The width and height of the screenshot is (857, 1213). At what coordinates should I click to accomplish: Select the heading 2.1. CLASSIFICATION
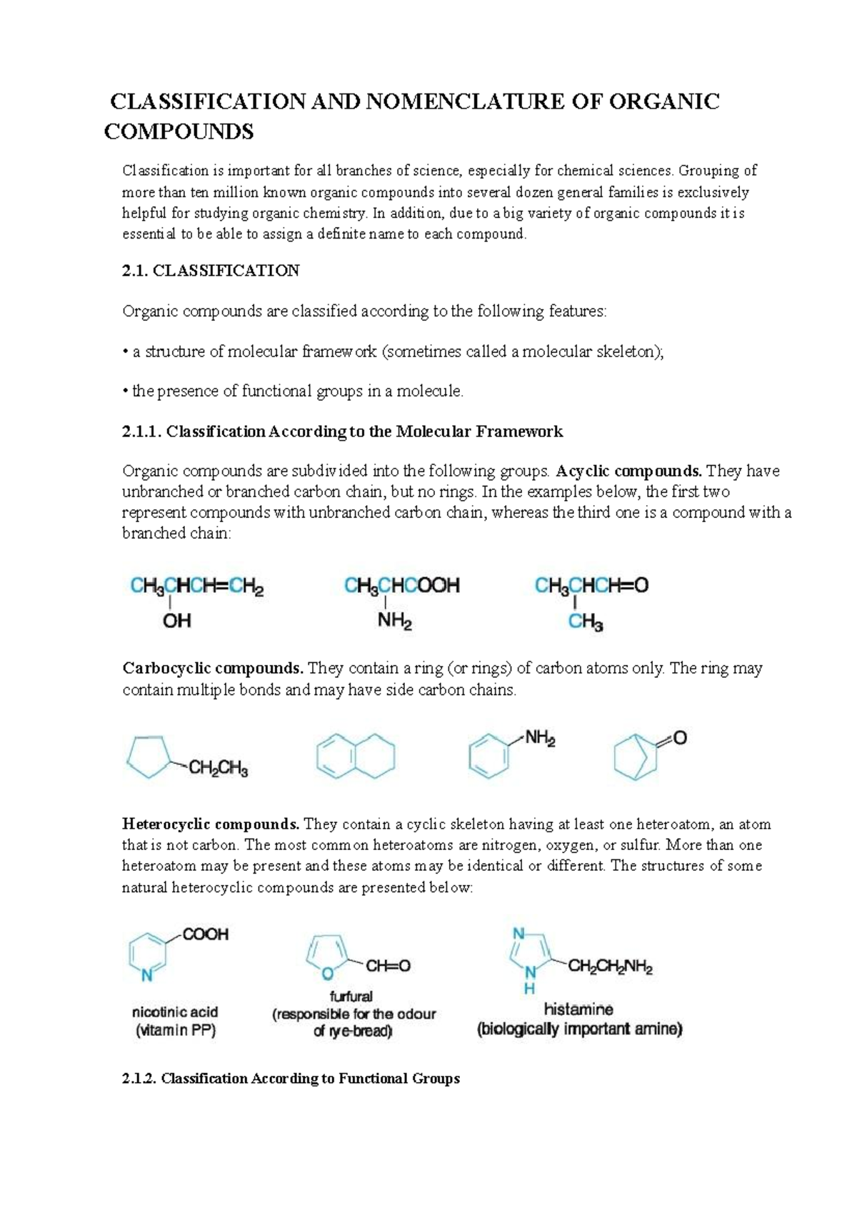[211, 271]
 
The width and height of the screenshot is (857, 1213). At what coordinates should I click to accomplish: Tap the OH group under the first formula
[177, 622]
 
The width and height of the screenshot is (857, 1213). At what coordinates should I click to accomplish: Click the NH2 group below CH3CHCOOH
[394, 622]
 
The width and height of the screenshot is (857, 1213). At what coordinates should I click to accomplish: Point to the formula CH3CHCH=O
[591, 586]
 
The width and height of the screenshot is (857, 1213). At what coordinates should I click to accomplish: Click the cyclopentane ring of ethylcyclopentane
[149, 758]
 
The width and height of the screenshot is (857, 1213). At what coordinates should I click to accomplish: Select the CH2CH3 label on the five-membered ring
[218, 769]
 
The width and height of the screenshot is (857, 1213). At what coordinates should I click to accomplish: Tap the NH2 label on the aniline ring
[540, 739]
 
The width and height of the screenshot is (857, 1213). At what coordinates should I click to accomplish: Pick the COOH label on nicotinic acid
[206, 934]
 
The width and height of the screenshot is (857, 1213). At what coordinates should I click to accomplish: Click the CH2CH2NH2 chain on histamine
[609, 968]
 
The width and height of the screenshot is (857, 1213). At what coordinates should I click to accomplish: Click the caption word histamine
[578, 1009]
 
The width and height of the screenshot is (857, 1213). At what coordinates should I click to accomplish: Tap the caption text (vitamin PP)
[175, 1031]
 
